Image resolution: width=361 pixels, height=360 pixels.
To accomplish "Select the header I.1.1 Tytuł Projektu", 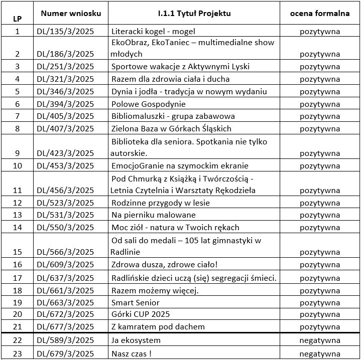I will tap(193, 14).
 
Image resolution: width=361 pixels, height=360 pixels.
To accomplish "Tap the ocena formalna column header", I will tap(319, 14).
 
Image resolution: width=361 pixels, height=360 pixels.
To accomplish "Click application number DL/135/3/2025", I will tap(66, 32).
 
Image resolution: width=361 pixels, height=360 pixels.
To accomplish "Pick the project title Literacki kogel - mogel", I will tap(153, 32).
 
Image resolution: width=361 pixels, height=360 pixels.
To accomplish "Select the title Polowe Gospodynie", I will tap(149, 104).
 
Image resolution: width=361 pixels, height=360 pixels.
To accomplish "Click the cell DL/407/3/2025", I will tap(66, 128).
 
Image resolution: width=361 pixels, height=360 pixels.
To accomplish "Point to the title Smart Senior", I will tap(136, 302).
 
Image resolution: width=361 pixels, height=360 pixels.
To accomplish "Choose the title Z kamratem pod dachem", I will tap(158, 327).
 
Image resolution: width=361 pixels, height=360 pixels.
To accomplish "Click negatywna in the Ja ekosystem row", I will tap(319, 341).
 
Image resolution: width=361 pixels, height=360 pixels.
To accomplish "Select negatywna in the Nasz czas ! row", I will tap(319, 354).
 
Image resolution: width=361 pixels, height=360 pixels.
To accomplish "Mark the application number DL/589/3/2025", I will tap(66, 341).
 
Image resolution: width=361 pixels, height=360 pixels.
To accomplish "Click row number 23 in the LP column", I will tap(18, 354).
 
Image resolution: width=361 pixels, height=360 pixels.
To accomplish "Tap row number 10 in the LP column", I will tap(18, 166).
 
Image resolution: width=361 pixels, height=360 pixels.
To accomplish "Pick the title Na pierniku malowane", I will tap(154, 215).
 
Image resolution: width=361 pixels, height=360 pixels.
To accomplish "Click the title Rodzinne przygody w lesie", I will tap(161, 203).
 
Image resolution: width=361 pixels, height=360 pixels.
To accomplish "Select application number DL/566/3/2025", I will tap(66, 252).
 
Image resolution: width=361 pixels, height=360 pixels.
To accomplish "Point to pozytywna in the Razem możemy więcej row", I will tap(319, 290).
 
